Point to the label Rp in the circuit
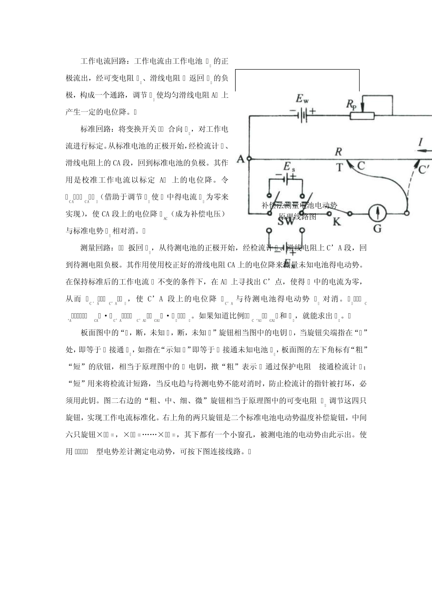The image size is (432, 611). click(351, 104)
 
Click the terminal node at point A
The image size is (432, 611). click(249, 160)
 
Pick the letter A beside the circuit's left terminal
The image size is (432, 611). click(241, 159)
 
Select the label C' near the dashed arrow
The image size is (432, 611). click(424, 169)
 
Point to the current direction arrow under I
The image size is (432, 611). click(423, 150)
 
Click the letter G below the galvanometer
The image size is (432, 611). click(377, 228)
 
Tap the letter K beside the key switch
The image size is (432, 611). click(337, 221)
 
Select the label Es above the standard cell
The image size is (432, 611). click(288, 167)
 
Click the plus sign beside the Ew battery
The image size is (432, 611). click(312, 110)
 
